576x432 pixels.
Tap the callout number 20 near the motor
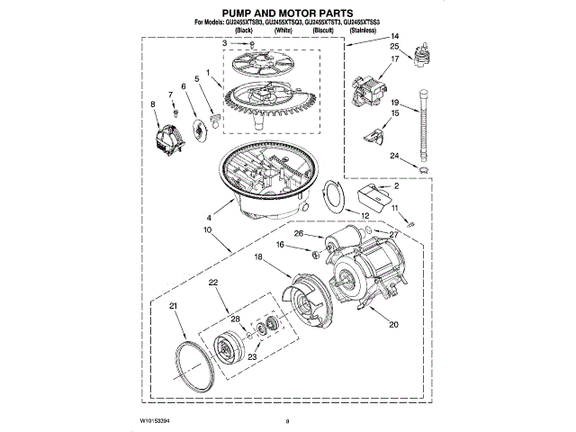pyautogui.click(x=392, y=325)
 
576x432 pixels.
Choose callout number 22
pyautogui.click(x=213, y=283)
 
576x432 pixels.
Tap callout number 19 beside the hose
pyautogui.click(x=394, y=103)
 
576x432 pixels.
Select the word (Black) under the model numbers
pyautogui.click(x=242, y=30)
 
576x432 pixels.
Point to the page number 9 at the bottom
pyautogui.click(x=287, y=421)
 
